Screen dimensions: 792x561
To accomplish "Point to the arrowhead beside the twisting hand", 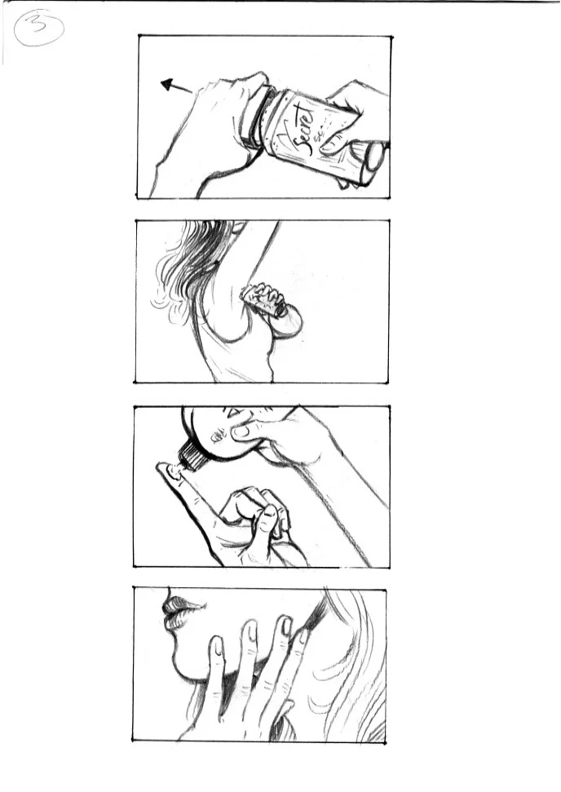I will click(x=168, y=83).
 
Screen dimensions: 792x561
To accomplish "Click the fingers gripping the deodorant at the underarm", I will click(x=265, y=299).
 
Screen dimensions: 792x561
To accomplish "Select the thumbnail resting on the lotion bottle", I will click(x=241, y=431).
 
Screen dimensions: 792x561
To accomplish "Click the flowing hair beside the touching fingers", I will click(x=347, y=653).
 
